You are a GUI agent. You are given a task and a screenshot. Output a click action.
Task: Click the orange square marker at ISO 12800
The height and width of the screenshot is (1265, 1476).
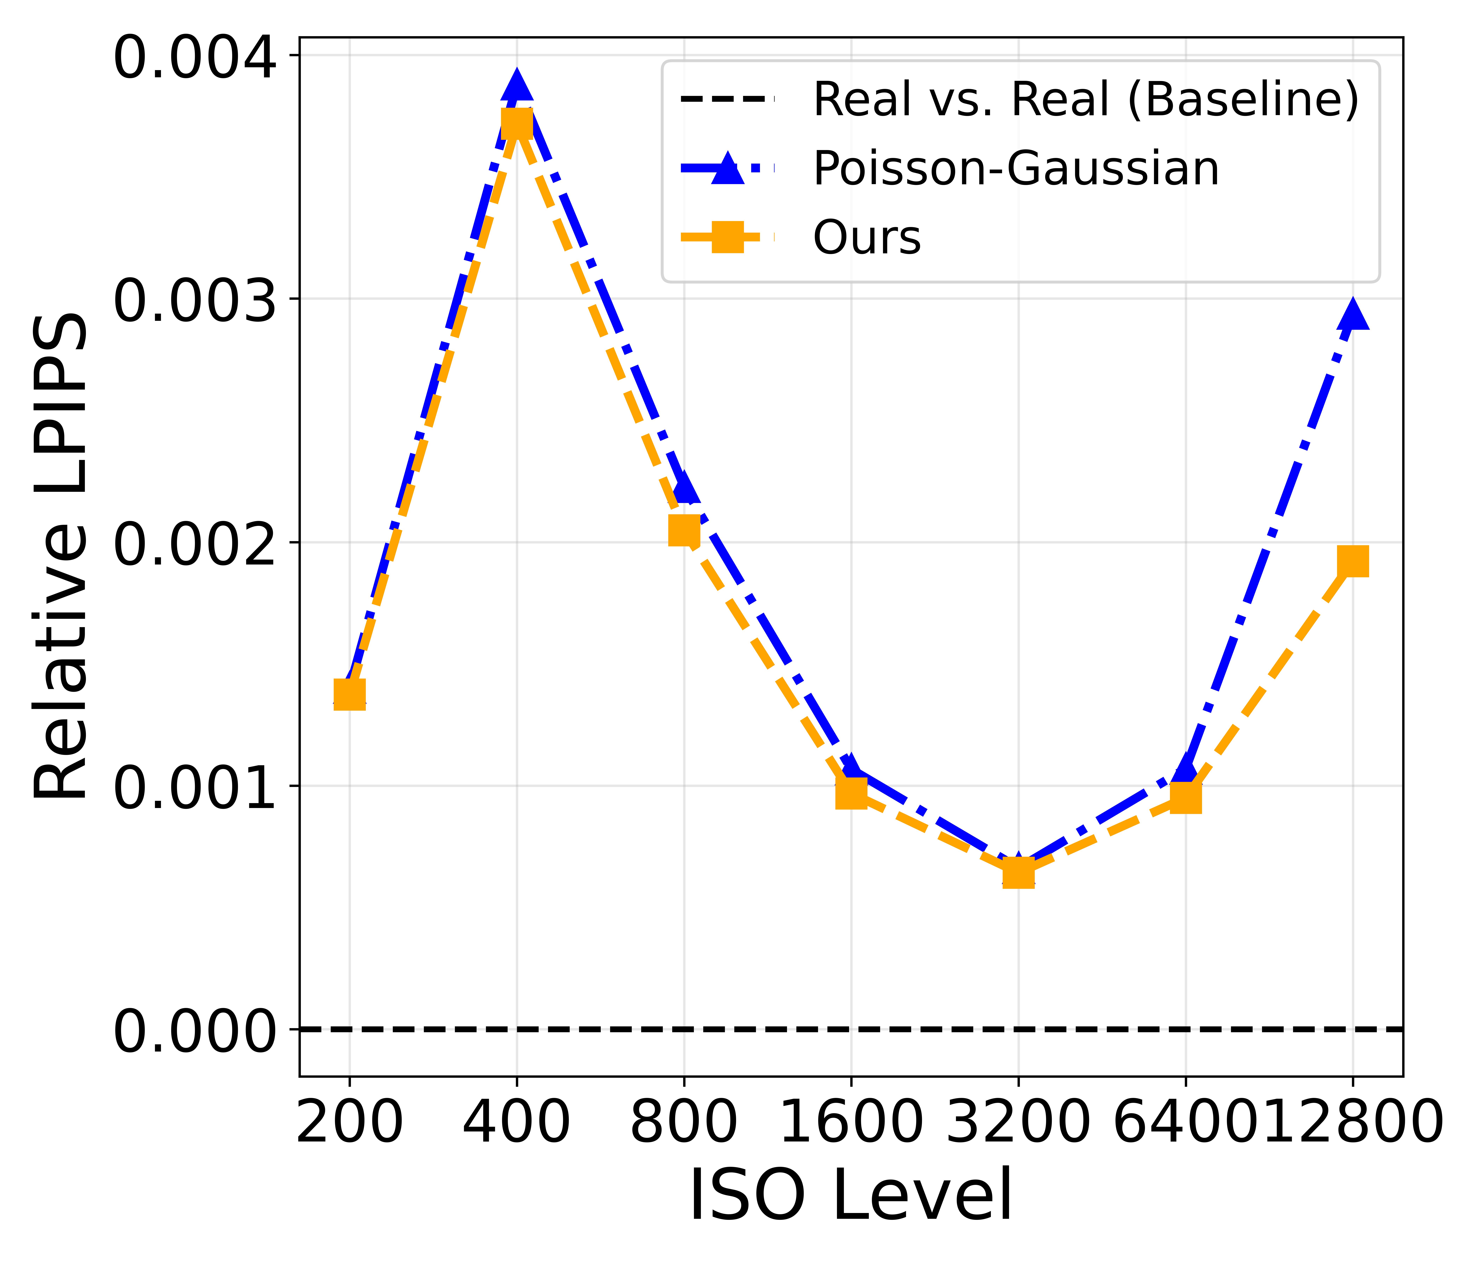pos(1353,561)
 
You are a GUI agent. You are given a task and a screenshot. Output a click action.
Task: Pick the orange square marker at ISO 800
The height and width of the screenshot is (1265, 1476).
pos(684,530)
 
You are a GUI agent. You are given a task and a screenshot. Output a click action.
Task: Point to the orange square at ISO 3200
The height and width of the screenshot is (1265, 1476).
pos(1018,872)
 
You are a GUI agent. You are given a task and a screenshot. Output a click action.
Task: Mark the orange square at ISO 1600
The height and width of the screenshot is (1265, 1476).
pos(851,792)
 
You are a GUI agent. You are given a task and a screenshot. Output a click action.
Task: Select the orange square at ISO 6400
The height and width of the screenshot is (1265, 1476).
pos(1185,798)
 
